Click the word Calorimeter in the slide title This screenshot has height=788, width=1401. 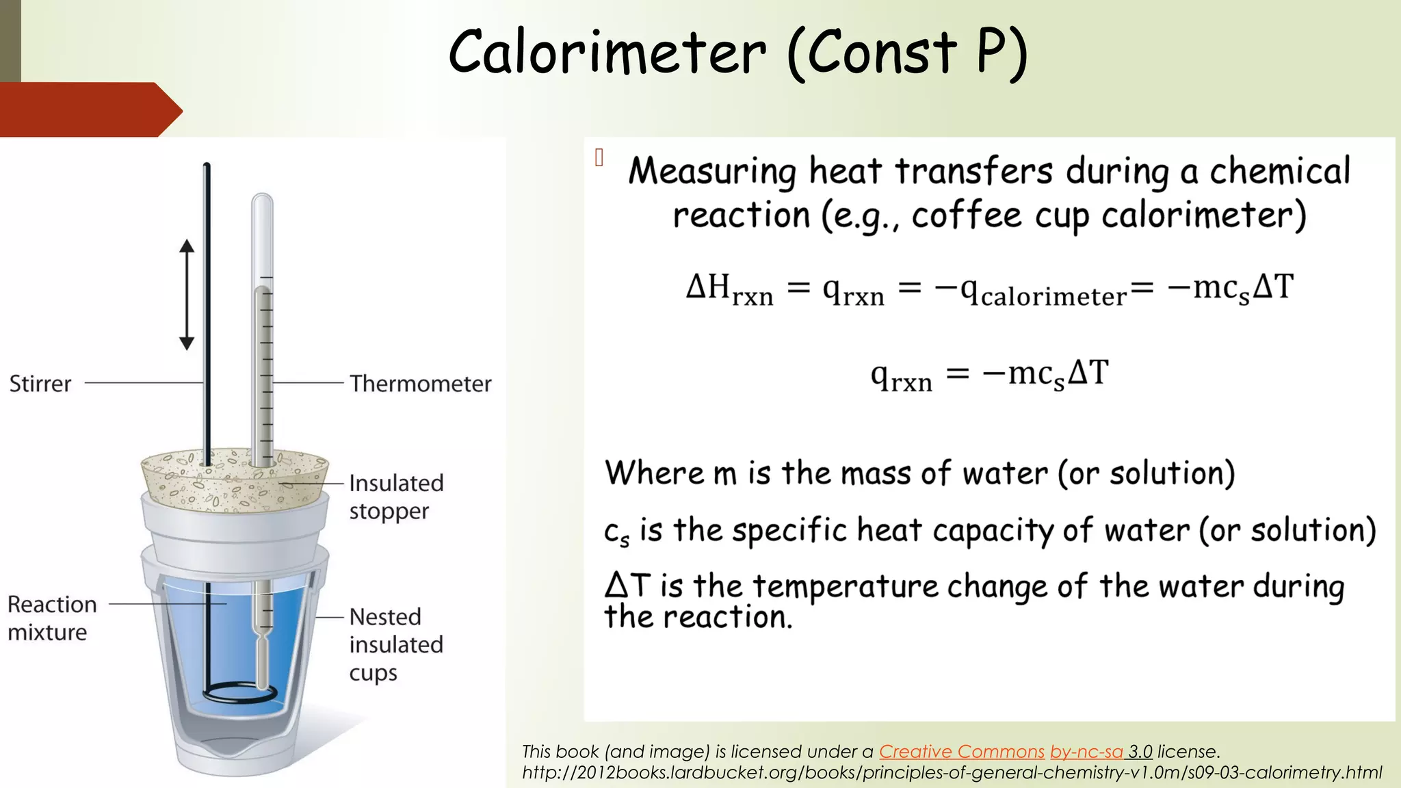click(607, 53)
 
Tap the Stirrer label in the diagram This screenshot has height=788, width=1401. click(40, 384)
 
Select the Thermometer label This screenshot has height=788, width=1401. click(420, 384)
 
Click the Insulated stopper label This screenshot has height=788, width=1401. click(396, 497)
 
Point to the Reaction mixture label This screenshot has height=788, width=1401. click(52, 618)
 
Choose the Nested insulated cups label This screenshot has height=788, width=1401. click(396, 644)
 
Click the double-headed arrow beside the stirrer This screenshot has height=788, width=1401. click(187, 295)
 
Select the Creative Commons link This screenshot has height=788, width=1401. click(961, 752)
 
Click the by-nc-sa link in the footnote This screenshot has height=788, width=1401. click(1086, 752)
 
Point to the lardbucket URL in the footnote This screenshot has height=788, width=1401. click(952, 773)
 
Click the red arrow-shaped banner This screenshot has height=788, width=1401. click(89, 109)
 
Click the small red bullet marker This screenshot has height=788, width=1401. click(599, 158)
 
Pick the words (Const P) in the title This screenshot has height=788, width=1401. click(907, 53)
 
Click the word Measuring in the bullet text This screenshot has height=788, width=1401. click(712, 172)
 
